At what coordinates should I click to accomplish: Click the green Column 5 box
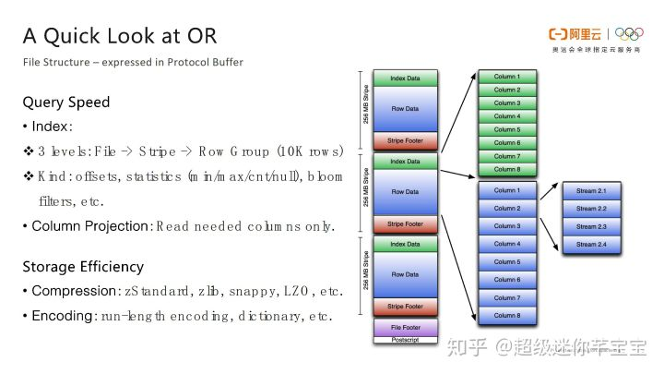click(506, 130)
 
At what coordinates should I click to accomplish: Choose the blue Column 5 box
click(506, 262)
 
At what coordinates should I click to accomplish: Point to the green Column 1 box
click(506, 77)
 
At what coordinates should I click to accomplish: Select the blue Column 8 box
click(506, 316)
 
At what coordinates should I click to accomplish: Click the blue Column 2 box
click(506, 209)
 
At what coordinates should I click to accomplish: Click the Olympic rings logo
click(629, 34)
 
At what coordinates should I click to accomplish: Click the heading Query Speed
click(65, 103)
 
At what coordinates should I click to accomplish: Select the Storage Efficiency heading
click(83, 267)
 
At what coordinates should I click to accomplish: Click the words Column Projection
click(90, 226)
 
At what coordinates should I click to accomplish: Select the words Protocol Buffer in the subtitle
click(212, 62)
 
